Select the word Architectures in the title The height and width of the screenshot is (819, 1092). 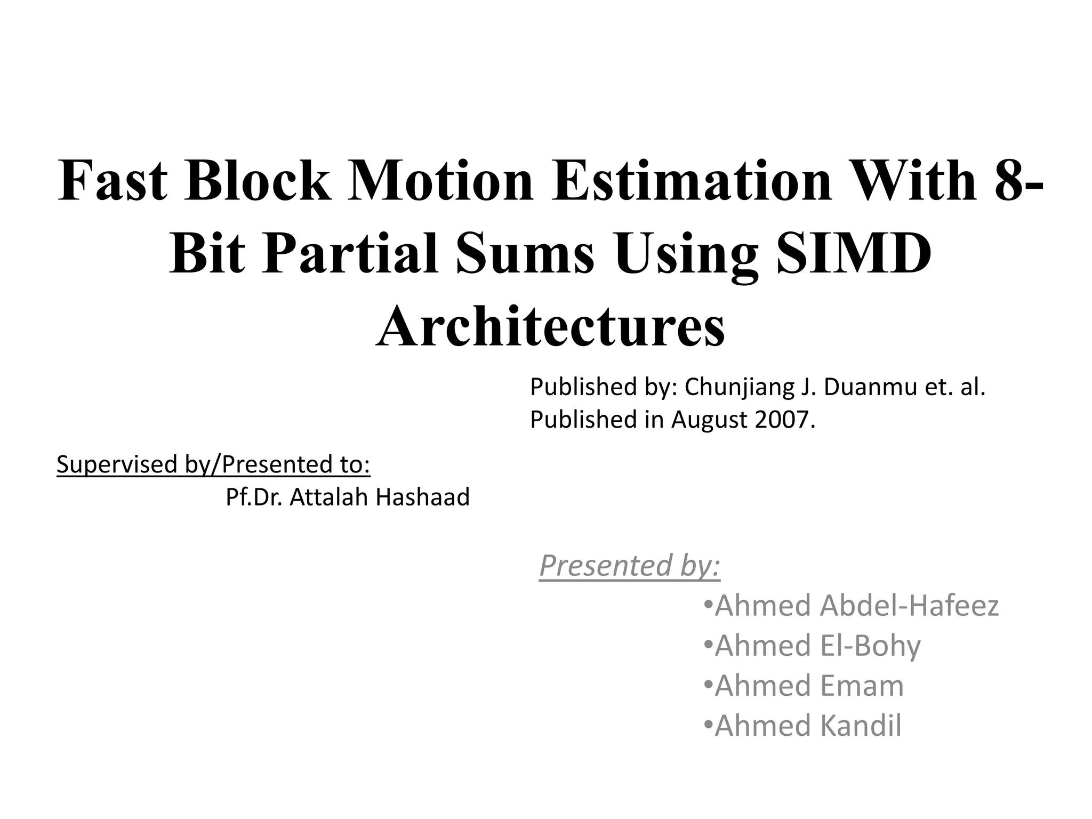[x=550, y=326]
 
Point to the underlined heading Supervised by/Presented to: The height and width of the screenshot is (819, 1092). [x=213, y=464]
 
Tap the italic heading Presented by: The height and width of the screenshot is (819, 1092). [x=630, y=566]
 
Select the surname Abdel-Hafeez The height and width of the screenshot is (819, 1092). [x=909, y=606]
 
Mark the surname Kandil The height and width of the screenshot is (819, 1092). [x=861, y=726]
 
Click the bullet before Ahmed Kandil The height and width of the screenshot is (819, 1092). [x=708, y=725]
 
